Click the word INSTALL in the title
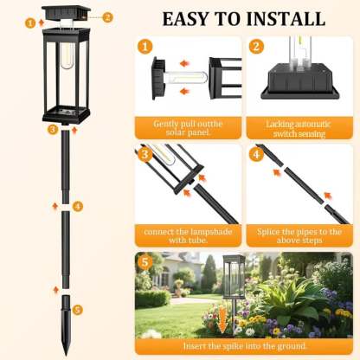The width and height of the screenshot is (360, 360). [286, 19]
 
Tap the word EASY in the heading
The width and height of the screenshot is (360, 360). [185, 19]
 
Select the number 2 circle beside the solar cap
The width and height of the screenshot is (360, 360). [107, 17]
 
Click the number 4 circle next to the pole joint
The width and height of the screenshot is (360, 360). [78, 206]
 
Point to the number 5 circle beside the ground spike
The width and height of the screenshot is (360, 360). [77, 310]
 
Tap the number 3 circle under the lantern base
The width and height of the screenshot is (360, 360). [53, 129]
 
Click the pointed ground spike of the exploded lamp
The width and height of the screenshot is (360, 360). [66, 325]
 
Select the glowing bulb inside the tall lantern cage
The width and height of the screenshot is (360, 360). [67, 56]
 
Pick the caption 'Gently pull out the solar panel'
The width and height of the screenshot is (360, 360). [188, 128]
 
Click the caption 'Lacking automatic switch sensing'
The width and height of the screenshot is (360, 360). [299, 129]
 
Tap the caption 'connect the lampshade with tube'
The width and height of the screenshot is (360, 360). [188, 236]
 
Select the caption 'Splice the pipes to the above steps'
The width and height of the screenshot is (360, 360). [299, 236]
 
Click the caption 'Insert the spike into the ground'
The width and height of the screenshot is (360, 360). [245, 346]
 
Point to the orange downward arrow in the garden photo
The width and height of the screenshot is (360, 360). [222, 318]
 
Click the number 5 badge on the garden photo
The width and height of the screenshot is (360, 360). [145, 262]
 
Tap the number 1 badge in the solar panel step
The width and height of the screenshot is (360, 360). [145, 47]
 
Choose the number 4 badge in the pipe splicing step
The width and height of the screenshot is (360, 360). [256, 154]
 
